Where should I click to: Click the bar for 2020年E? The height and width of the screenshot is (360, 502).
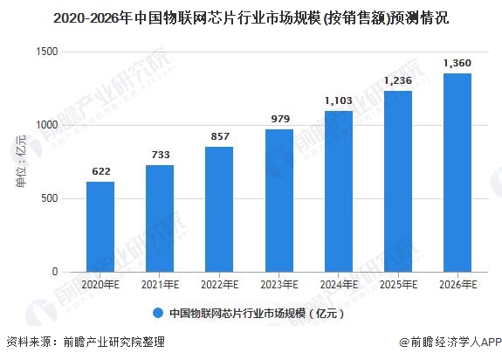[x=100, y=227]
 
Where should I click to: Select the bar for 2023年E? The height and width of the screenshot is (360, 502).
[x=279, y=201]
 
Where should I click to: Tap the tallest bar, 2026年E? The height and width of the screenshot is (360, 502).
[x=457, y=173]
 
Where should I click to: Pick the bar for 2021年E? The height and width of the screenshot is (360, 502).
[x=160, y=218]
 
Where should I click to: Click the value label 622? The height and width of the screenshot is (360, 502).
[x=101, y=171]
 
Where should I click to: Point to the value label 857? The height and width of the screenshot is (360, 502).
[x=220, y=136]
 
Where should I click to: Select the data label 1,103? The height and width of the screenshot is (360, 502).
[x=339, y=100]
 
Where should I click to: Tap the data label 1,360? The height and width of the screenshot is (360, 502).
[x=457, y=63]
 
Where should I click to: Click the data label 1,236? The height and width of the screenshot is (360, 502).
[x=398, y=80]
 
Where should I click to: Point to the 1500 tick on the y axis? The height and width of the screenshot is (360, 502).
[x=47, y=52]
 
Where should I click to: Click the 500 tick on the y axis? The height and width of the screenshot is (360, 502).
[x=50, y=198]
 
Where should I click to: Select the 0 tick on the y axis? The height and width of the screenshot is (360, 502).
[x=55, y=272]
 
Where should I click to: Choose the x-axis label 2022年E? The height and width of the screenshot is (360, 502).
[x=220, y=284]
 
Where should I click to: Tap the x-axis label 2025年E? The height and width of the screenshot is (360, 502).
[x=398, y=284]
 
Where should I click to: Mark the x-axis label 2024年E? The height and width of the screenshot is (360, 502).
[x=339, y=284]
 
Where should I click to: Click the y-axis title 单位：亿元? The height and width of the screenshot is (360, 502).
[x=21, y=162]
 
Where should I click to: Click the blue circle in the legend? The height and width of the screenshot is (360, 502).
[x=158, y=313]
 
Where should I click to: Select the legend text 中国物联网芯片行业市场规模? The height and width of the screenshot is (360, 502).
[x=237, y=313]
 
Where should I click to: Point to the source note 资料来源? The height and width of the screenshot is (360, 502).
[x=29, y=342]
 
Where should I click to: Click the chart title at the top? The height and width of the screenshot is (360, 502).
[x=251, y=18]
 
